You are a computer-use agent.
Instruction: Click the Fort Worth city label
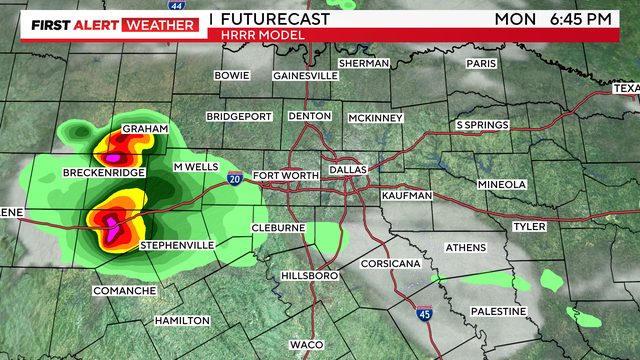[x=286, y=177]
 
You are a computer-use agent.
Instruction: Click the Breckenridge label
[x=105, y=173]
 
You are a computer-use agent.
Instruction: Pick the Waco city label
[x=306, y=344]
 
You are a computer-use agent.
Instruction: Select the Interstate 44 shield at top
[x=178, y=6]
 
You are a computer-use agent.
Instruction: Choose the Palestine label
[x=498, y=311]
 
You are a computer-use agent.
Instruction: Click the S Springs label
[x=483, y=125]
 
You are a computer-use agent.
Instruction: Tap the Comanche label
[x=124, y=290]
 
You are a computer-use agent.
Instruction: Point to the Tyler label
[x=529, y=227]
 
